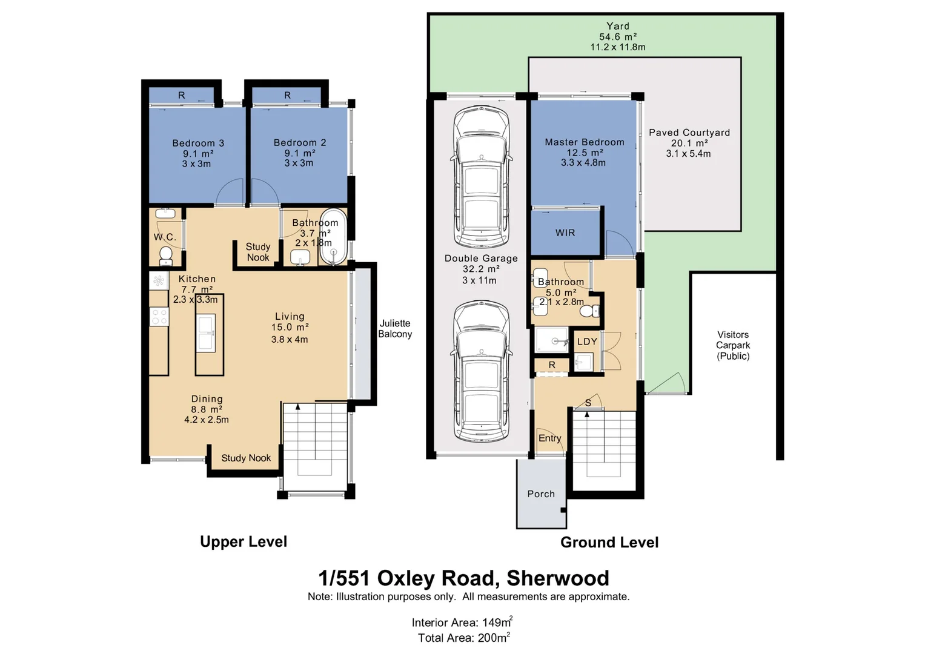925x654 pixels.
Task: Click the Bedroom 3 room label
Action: pos(198,144)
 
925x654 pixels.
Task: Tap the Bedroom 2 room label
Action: pos(300,143)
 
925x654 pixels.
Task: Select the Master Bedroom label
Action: pos(584,142)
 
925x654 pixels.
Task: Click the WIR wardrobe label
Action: pos(565,233)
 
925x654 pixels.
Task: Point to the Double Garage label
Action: pos(481,259)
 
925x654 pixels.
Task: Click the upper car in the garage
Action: pos(481,176)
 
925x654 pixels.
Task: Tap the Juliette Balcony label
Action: pos(395,329)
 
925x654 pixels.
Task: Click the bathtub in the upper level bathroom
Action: pos(333,237)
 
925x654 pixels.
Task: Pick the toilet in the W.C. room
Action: pos(165,255)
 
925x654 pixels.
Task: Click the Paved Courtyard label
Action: pos(689,133)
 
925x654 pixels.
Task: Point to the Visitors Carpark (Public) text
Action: pos(733,345)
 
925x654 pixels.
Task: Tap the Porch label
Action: pos(541,494)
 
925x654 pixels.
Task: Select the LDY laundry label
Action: pos(587,342)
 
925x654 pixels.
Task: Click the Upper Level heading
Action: pos(244,542)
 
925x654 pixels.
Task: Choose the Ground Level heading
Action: pos(609,543)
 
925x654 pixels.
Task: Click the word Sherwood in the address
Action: pos(557,578)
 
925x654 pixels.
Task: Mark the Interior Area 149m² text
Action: pos(462,623)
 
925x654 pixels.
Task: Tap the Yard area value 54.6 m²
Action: pos(617,37)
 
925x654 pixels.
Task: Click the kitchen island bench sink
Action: pos(206,333)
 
